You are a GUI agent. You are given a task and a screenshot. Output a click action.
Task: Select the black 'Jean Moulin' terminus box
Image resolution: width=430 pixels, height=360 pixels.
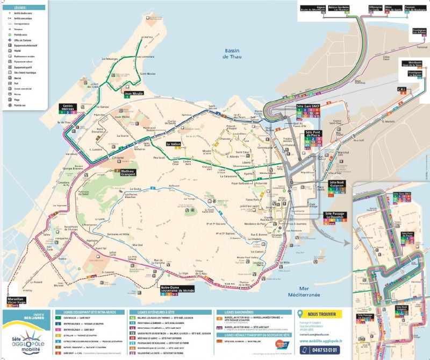pyautogui.click(x=135, y=93)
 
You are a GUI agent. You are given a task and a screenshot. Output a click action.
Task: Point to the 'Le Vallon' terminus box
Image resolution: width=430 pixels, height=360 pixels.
pyautogui.click(x=174, y=144)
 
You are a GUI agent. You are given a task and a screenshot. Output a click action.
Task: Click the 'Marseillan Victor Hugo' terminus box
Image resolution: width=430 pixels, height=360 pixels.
pyautogui.click(x=16, y=301)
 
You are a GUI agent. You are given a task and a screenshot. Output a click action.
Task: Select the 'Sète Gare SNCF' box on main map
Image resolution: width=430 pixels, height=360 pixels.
pyautogui.click(x=308, y=107)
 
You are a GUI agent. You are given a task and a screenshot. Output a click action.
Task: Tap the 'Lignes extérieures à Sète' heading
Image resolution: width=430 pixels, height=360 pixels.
pyautogui.click(x=156, y=312)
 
